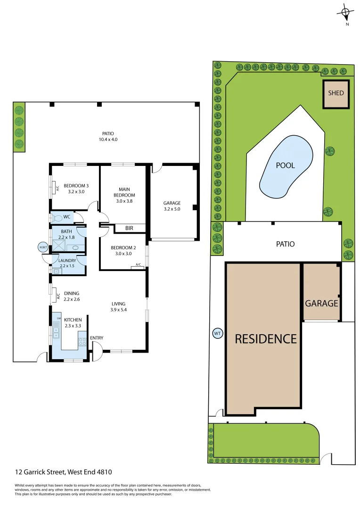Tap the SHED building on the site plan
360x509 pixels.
point(335,93)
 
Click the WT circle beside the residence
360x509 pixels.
point(217,334)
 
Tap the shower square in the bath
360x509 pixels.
point(59,246)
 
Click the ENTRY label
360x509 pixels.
point(96,338)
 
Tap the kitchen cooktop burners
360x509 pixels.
point(82,342)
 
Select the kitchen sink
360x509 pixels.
point(56,332)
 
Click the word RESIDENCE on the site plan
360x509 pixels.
point(266,338)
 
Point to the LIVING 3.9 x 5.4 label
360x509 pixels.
point(118,306)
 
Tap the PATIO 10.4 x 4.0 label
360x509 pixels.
point(108,137)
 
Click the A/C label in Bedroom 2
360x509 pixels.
point(139,265)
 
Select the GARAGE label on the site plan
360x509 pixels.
point(321,303)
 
